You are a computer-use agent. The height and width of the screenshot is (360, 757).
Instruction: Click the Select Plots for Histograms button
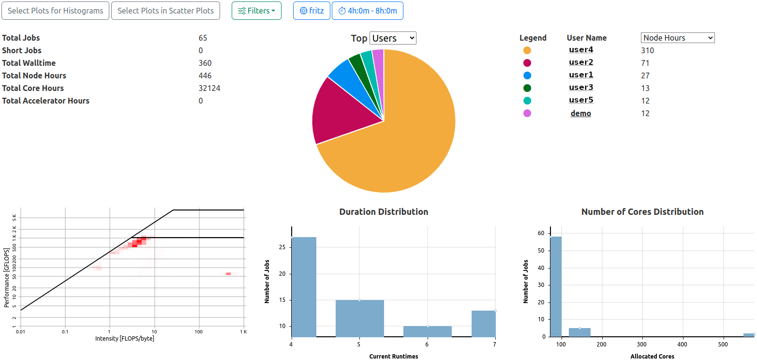55,11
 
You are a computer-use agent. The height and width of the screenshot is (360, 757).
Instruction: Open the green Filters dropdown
256,11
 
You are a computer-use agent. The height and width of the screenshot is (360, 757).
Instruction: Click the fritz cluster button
312,11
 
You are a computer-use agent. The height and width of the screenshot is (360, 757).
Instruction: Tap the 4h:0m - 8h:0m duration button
367,11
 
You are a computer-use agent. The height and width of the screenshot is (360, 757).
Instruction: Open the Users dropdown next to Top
393,38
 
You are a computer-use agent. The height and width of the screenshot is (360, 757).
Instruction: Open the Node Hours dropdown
677,38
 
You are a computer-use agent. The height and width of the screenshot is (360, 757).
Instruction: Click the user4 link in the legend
581,50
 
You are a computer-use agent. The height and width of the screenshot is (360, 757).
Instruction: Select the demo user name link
581,113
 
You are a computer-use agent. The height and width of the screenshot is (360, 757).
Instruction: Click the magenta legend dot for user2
527,63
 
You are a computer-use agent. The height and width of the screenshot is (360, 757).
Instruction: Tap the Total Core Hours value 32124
209,88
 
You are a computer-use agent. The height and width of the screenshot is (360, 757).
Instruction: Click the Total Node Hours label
34,75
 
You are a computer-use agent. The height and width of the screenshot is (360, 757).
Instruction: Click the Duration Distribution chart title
384,211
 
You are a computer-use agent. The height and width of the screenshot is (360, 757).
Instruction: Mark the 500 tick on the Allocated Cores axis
723,345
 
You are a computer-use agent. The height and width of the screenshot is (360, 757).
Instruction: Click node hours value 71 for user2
645,63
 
